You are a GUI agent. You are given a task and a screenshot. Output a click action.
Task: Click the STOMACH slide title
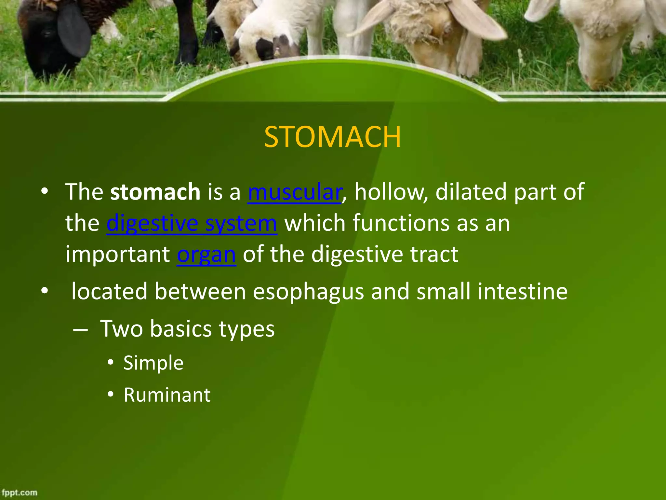(x=332, y=137)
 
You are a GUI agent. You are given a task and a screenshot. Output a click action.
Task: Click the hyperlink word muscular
(x=294, y=192)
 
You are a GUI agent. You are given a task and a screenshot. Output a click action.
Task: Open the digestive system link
(x=192, y=224)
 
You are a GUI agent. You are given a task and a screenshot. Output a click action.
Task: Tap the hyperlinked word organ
(x=206, y=255)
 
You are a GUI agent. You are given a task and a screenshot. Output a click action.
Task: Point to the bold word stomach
(x=155, y=192)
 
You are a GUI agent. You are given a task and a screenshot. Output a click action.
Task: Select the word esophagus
(x=308, y=292)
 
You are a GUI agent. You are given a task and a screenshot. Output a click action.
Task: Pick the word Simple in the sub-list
(x=153, y=363)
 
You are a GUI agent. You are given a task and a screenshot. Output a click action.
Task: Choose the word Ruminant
(x=167, y=395)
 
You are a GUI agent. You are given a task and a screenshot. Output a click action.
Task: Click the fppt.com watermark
(x=20, y=493)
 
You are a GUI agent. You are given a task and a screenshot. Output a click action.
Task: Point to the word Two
(x=121, y=329)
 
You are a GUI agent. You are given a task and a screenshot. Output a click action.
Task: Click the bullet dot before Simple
(x=111, y=362)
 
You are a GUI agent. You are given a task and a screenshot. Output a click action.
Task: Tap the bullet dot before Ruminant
(x=111, y=395)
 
